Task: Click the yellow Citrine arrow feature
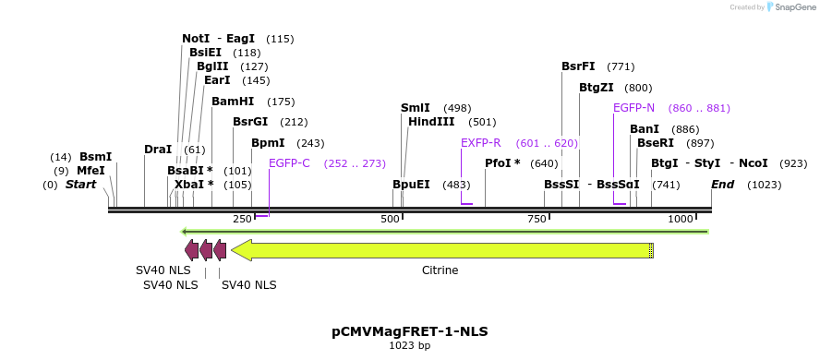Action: (x=443, y=250)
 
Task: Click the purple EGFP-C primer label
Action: (x=289, y=163)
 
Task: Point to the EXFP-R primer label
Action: (x=480, y=143)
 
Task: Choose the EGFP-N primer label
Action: (x=633, y=108)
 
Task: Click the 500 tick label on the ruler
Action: (x=390, y=219)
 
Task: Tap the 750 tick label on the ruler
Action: (x=537, y=219)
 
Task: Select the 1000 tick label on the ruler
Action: (x=681, y=219)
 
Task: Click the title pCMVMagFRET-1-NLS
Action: (x=410, y=331)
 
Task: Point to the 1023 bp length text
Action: (x=410, y=346)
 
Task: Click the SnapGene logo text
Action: (x=790, y=7)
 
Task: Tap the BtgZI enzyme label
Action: (x=596, y=88)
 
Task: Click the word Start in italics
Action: (x=80, y=185)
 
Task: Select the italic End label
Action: (x=722, y=185)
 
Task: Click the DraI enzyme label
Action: (x=158, y=150)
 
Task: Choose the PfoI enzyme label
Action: (x=502, y=163)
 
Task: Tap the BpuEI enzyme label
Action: (x=411, y=185)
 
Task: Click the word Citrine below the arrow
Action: (x=440, y=270)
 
